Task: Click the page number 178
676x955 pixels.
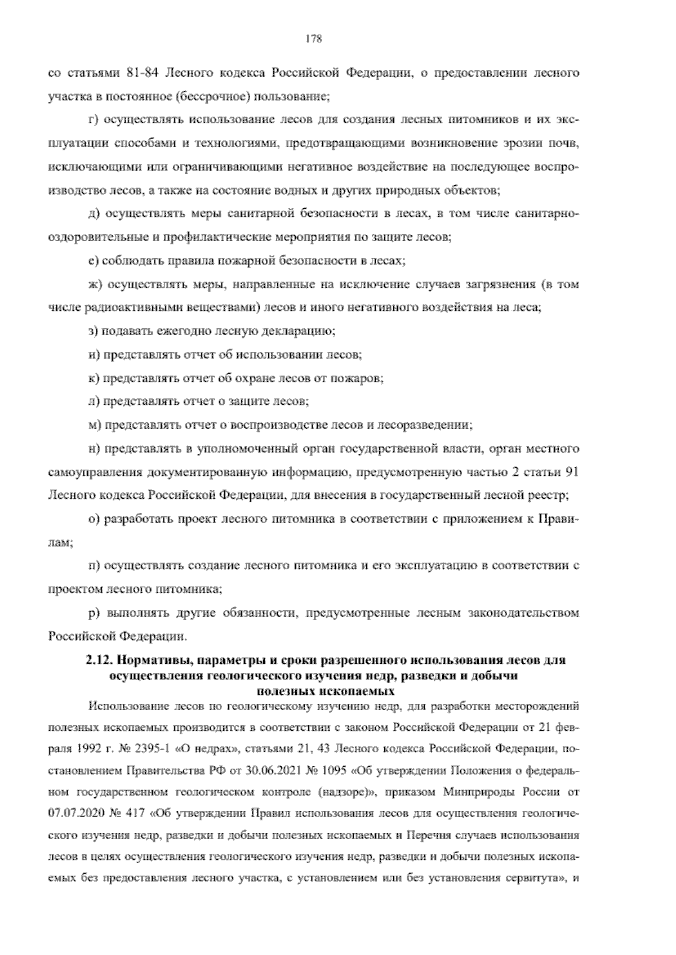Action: pyautogui.click(x=313, y=38)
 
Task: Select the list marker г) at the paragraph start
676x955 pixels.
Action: pyautogui.click(x=94, y=120)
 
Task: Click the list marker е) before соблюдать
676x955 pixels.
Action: pyautogui.click(x=94, y=261)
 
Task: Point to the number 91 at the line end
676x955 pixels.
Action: pyautogui.click(x=571, y=472)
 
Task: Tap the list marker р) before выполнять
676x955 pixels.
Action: pyautogui.click(x=94, y=613)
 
